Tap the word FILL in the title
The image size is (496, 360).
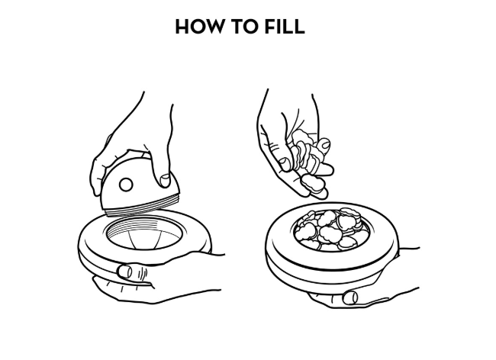[285, 26]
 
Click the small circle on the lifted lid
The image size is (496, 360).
[126, 185]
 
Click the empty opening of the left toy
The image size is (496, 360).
[144, 234]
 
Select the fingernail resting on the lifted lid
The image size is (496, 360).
[165, 181]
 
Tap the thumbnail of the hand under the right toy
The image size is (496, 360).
[350, 297]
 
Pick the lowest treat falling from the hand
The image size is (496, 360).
[313, 185]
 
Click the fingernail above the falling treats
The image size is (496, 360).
[324, 145]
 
